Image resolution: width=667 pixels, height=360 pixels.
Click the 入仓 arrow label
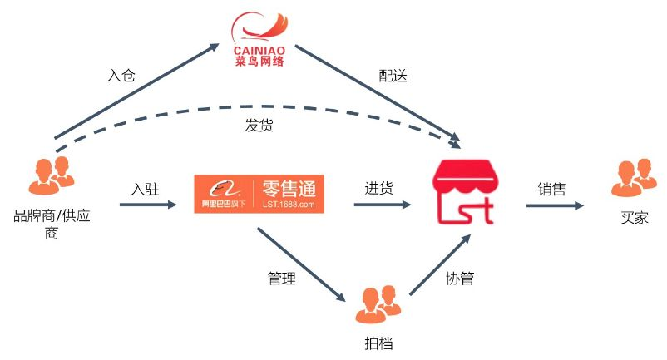pyautogui.click(x=121, y=76)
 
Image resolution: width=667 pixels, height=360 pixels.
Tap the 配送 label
pyautogui.click(x=393, y=76)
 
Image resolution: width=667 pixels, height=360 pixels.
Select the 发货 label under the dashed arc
pyautogui.click(x=259, y=126)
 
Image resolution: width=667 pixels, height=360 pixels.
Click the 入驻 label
pyautogui.click(x=145, y=188)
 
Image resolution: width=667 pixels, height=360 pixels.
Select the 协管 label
pyautogui.click(x=459, y=279)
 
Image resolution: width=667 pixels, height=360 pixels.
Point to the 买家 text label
pyautogui.click(x=633, y=219)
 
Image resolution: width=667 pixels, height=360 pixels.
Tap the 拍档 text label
pyautogui.click(x=373, y=343)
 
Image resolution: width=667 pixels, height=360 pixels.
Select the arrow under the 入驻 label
pyautogui.click(x=146, y=204)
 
